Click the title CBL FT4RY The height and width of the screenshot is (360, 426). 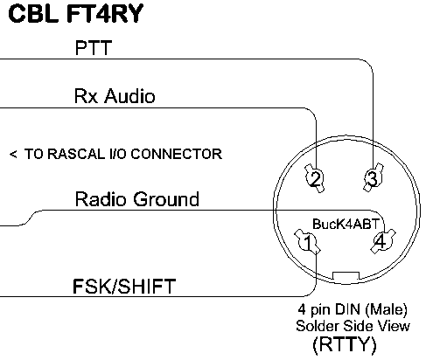(x=76, y=14)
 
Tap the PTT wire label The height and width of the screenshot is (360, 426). (x=94, y=48)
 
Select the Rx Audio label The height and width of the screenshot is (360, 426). (x=115, y=95)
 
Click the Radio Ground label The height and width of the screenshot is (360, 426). (x=137, y=199)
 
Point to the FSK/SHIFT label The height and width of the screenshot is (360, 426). (x=124, y=286)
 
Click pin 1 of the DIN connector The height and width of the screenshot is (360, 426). (x=308, y=242)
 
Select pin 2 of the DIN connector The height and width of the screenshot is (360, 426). (x=315, y=178)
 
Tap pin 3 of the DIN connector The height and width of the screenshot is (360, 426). (x=373, y=177)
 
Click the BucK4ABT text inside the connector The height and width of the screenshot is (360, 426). (x=346, y=224)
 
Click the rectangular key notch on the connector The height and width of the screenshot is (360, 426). (x=346, y=275)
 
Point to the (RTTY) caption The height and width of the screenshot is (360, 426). (x=345, y=345)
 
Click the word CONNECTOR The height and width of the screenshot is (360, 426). (x=177, y=154)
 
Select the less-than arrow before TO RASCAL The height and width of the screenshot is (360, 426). (x=13, y=154)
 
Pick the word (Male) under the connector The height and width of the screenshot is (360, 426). (x=386, y=309)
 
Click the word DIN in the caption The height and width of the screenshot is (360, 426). (x=347, y=308)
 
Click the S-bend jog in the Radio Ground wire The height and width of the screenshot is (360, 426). (x=29, y=218)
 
